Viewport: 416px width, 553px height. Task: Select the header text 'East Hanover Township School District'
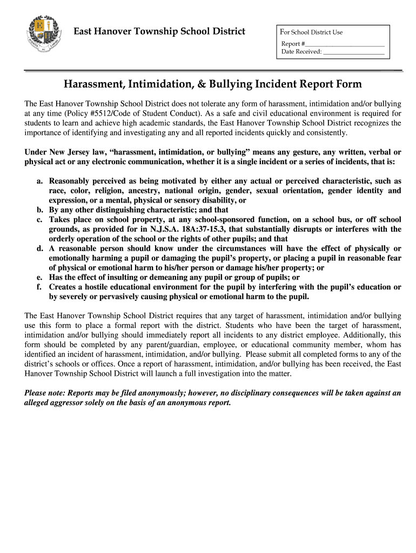(159, 32)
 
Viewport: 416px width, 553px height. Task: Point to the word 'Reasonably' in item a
(71, 181)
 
